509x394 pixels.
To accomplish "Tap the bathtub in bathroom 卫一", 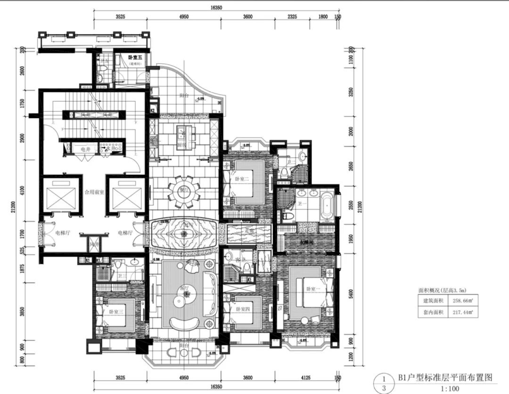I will tap(327, 206).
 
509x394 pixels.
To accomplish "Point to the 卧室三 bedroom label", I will tap(114, 312).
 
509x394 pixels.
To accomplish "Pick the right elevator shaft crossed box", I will tap(123, 194).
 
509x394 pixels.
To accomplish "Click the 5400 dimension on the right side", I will tap(352, 294).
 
